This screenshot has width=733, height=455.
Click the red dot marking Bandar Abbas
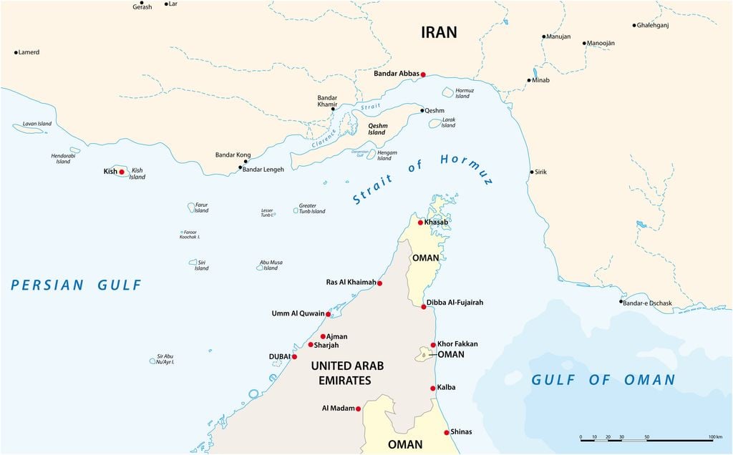pyautogui.click(x=423, y=74)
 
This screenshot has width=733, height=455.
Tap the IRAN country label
pyautogui.click(x=439, y=32)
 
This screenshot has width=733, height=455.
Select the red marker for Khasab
pyautogui.click(x=420, y=222)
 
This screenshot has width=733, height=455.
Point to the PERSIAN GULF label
pyautogui.click(x=77, y=285)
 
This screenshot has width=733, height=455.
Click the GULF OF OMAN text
pyautogui.click(x=603, y=380)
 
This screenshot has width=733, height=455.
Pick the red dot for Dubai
pyautogui.click(x=294, y=356)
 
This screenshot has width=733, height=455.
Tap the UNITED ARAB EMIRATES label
pyautogui.click(x=346, y=373)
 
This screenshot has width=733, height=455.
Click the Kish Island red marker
pyautogui.click(x=122, y=172)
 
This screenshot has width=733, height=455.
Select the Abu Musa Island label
pyautogui.click(x=270, y=265)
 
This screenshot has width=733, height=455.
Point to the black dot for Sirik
pyautogui.click(x=532, y=172)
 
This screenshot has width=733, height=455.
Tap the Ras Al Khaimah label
pyautogui.click(x=351, y=283)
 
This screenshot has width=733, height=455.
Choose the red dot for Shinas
pyautogui.click(x=446, y=432)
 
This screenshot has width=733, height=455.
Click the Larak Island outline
pyautogui.click(x=435, y=123)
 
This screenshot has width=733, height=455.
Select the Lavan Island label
pyautogui.click(x=37, y=124)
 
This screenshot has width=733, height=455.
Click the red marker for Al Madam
pyautogui.click(x=359, y=408)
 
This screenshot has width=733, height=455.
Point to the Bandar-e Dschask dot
pyautogui.click(x=621, y=301)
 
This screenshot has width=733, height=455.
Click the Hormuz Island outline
pyautogui.click(x=448, y=92)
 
